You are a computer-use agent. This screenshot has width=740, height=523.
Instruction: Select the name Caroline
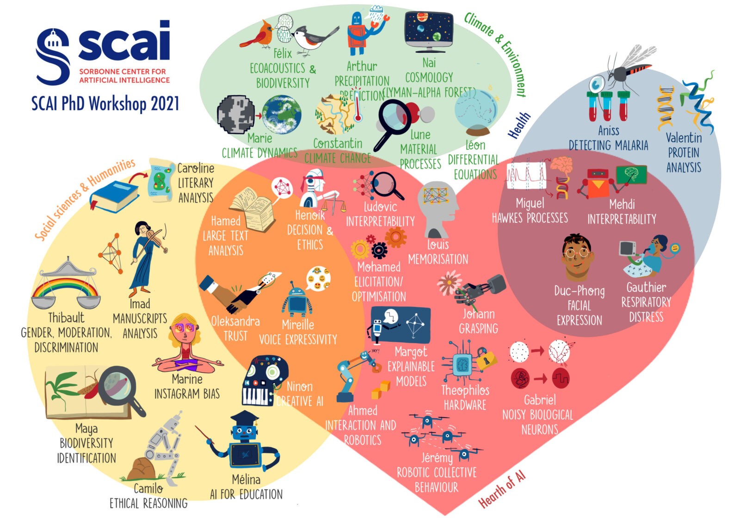click(196, 168)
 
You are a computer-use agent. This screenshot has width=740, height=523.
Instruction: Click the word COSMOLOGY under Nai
click(429, 77)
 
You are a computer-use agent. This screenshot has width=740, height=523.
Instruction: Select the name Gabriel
click(540, 400)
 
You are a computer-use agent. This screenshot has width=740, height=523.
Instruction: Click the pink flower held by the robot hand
click(448, 282)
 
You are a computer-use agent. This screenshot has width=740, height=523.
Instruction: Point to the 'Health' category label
click(519, 125)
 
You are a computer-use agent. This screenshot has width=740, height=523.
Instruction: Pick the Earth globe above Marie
click(282, 114)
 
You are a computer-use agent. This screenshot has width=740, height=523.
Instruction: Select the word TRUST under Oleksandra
click(235, 336)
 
